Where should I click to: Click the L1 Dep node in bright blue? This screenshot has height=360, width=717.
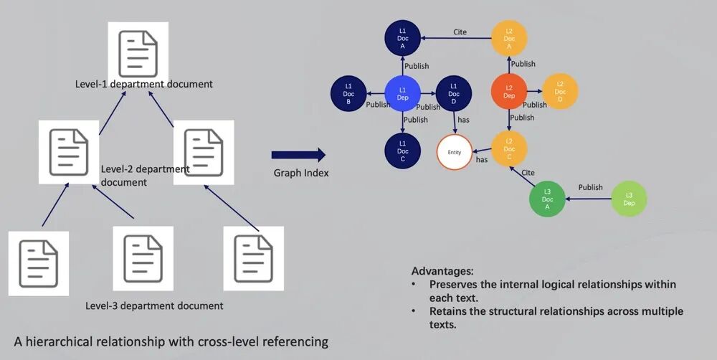tap(402, 93)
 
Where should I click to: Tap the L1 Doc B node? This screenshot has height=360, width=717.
tap(348, 93)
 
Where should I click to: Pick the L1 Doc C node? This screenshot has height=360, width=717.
tap(402, 151)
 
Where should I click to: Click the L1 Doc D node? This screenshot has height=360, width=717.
tap(453, 93)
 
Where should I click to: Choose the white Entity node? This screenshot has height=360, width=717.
tap(455, 152)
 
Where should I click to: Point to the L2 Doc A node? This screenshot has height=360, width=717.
tap(509, 37)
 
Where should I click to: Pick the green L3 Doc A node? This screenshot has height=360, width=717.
tap(547, 199)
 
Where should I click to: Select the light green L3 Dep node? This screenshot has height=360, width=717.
tap(629, 199)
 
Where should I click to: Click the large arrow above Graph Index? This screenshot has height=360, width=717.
tap(298, 154)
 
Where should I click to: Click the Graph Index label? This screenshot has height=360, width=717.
tap(301, 173)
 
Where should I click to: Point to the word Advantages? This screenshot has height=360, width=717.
tap(442, 272)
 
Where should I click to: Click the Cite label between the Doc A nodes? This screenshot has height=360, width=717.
tap(461, 32)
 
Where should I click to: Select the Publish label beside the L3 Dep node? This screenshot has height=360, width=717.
tap(590, 188)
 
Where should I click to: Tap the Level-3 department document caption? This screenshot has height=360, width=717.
tap(154, 306)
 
